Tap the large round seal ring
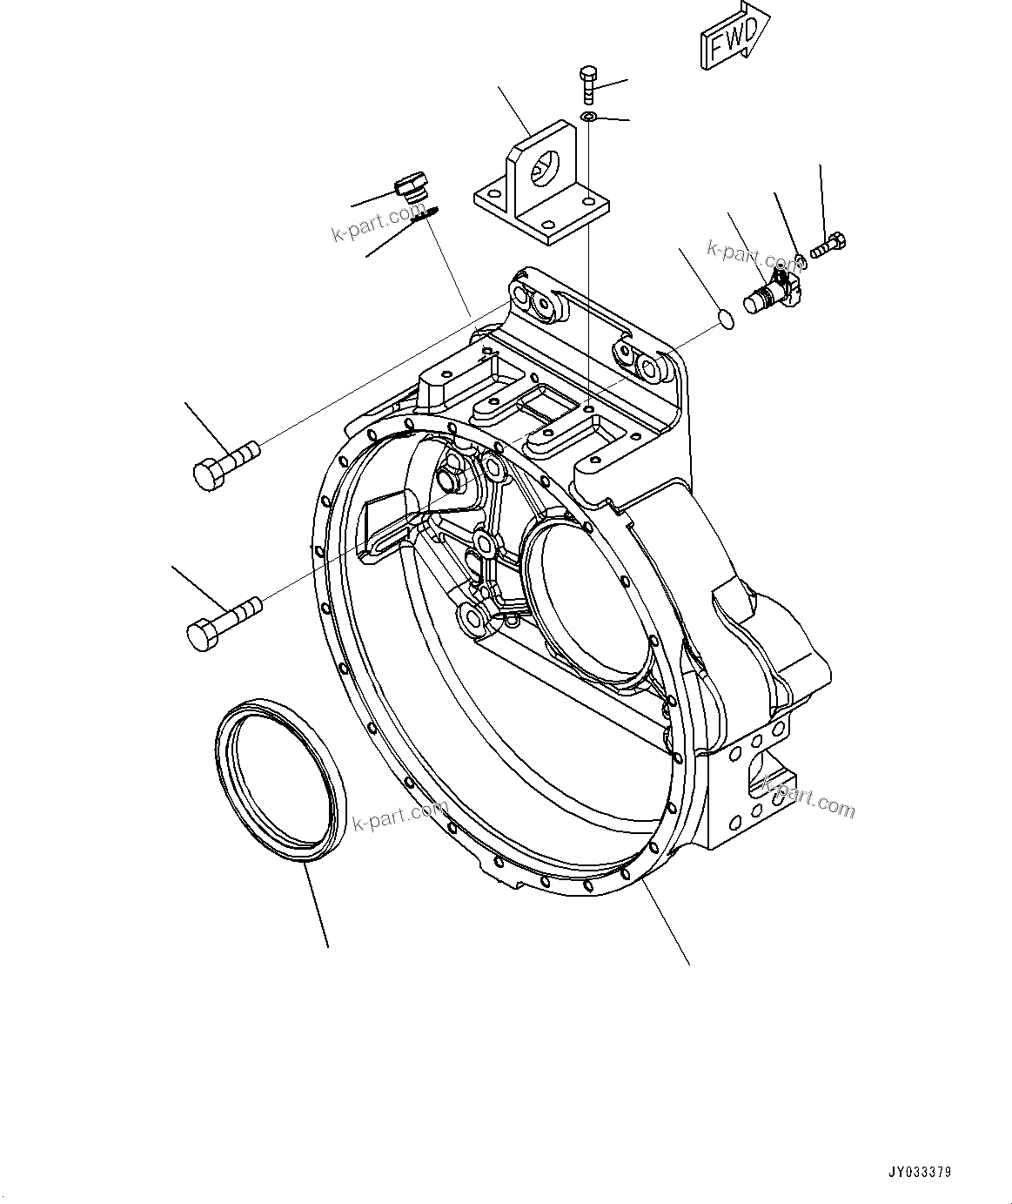[x=281, y=781]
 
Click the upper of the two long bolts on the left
[x=225, y=462]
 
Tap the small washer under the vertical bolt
[x=589, y=117]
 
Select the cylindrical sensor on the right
[x=767, y=293]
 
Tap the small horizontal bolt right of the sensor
[x=828, y=245]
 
